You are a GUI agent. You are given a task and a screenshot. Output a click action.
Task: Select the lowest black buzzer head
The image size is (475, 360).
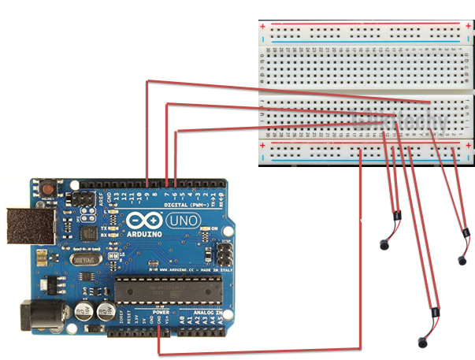[422, 340]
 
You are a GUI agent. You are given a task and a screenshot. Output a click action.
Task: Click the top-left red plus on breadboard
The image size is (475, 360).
[263, 26]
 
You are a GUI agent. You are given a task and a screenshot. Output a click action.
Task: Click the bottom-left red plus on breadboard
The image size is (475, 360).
[263, 145]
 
